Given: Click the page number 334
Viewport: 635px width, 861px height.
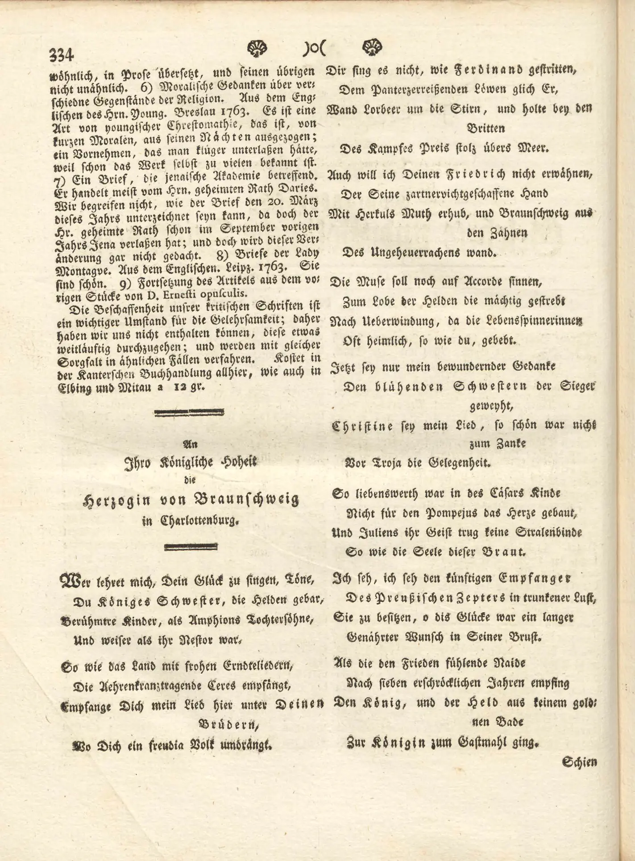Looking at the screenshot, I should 61,55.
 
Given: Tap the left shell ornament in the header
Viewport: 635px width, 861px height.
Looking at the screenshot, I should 257,47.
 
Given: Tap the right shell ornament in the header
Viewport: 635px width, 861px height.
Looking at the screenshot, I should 372,47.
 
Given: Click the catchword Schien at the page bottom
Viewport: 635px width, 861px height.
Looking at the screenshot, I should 580,762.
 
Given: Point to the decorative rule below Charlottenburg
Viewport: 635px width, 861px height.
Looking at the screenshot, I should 191,546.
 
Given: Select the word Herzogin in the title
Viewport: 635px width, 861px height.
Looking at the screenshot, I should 117,499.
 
